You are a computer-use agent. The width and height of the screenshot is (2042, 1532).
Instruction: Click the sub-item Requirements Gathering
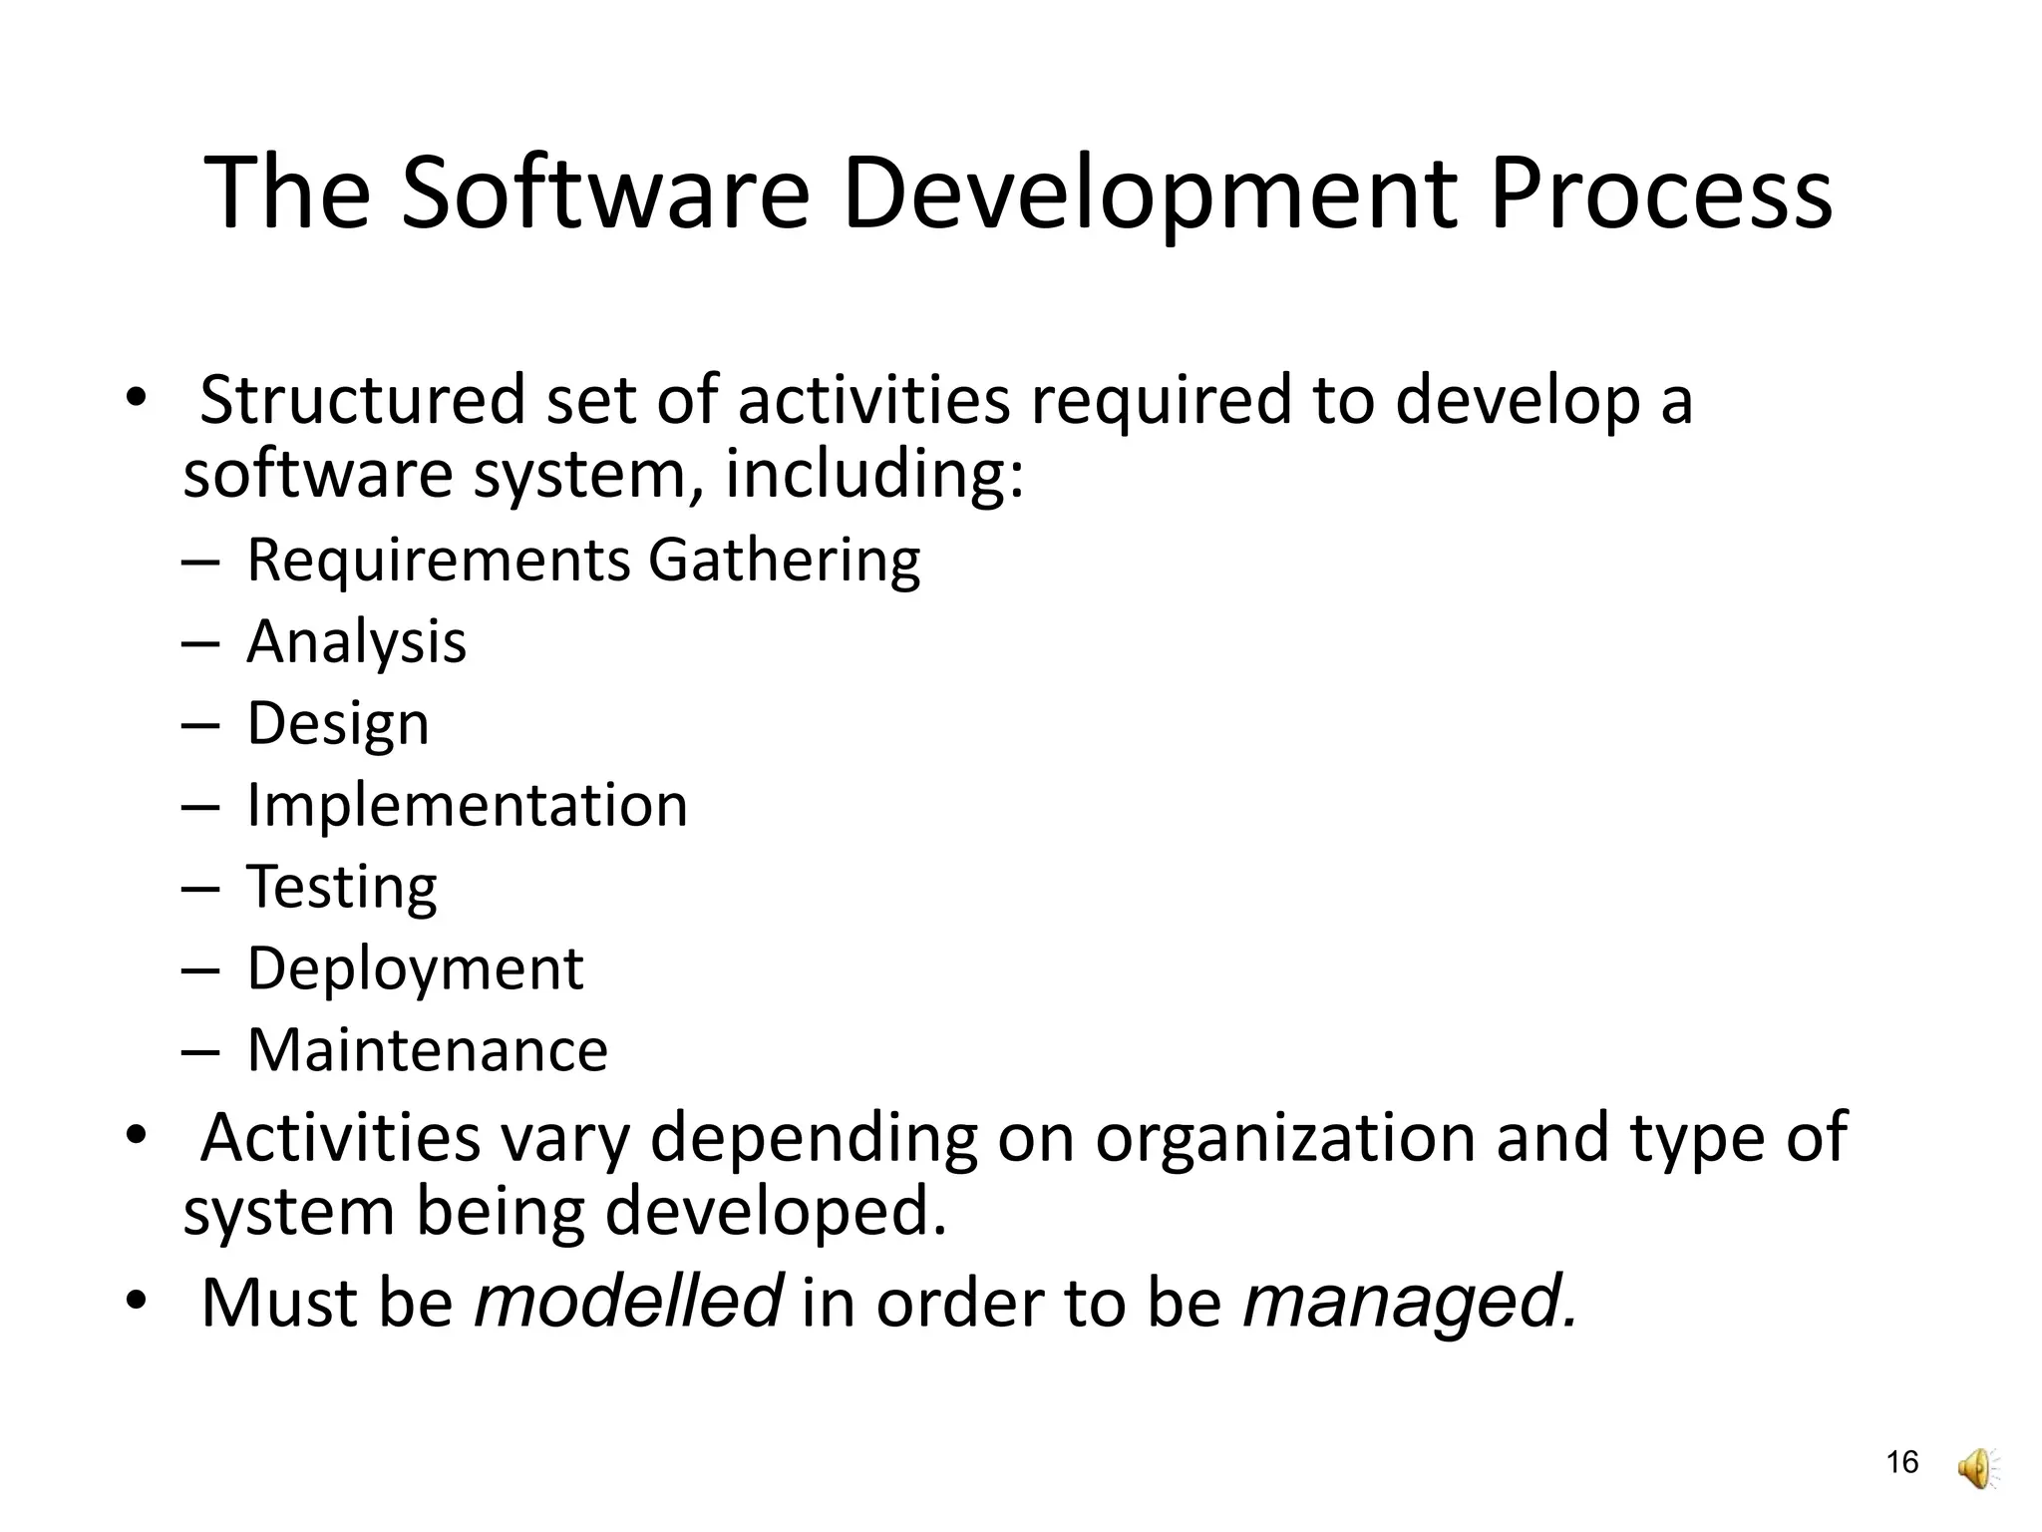tap(583, 561)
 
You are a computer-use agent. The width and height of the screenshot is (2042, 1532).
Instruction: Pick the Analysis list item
tap(356, 641)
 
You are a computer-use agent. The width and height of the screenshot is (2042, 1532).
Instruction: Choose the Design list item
tap(338, 724)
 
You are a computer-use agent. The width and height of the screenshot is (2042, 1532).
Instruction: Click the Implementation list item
tap(467, 805)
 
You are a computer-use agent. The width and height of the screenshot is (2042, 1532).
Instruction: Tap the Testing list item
tap(341, 888)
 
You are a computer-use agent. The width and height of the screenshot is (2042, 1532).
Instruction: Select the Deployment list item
tap(415, 969)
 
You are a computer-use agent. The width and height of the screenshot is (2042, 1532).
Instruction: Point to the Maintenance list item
tap(427, 1050)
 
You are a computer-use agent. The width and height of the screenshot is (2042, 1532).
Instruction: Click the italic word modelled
tap(628, 1302)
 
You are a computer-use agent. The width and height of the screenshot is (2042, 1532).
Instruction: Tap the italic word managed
tap(1410, 1303)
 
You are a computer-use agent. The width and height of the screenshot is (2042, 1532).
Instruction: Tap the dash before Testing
tap(199, 888)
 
